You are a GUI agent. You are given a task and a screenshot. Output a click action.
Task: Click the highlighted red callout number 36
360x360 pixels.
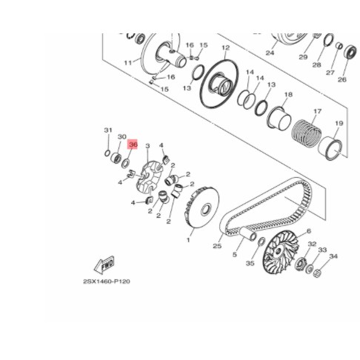133,146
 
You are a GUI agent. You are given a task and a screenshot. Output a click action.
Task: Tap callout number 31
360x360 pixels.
107,130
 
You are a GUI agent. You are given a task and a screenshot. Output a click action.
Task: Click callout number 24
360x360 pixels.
270,53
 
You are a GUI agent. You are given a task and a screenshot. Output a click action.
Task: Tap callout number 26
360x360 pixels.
341,79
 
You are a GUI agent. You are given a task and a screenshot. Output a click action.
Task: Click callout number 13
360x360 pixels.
187,87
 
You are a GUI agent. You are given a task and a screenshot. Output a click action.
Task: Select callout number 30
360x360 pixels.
121,137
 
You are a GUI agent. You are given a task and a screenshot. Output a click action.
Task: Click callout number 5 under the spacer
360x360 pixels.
234,254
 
